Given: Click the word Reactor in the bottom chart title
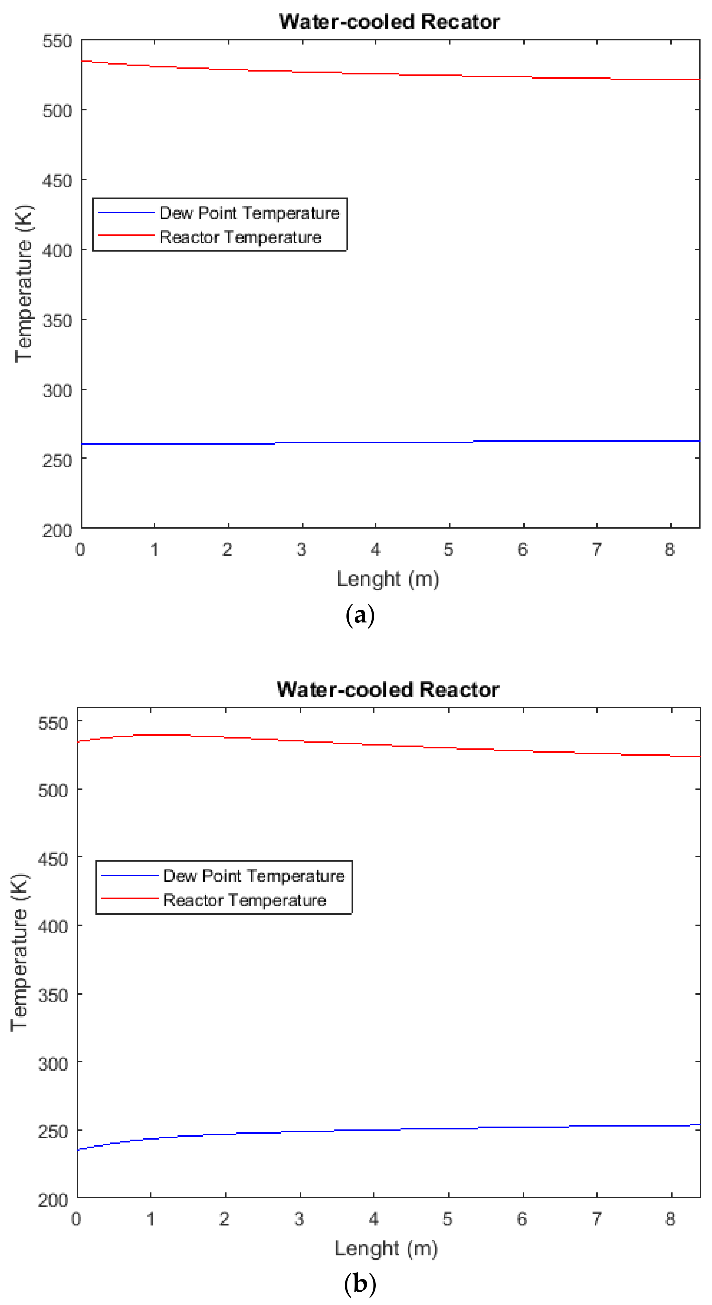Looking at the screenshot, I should pos(459,690).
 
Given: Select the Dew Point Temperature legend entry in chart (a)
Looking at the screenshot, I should pos(249,213).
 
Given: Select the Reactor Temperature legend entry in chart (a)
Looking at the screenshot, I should pos(240,237).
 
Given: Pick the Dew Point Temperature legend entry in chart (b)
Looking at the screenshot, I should pos(253,876).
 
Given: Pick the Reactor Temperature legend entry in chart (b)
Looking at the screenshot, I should pos(245,900).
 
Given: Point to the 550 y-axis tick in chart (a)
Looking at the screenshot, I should pos(57,41).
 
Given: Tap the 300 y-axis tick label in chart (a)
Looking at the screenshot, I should pos(57,391).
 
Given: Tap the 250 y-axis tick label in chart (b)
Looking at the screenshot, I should pos(53,1131).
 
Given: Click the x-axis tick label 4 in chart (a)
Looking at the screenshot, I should pos(375,550).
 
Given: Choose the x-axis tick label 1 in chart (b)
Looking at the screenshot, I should pos(150,1219).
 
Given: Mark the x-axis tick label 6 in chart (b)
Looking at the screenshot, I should pos(522,1219).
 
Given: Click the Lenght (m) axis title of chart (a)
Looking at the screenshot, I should pos(388,579).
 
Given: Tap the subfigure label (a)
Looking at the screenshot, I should pos(360,615).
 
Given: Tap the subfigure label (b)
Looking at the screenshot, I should pos(360,1284).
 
